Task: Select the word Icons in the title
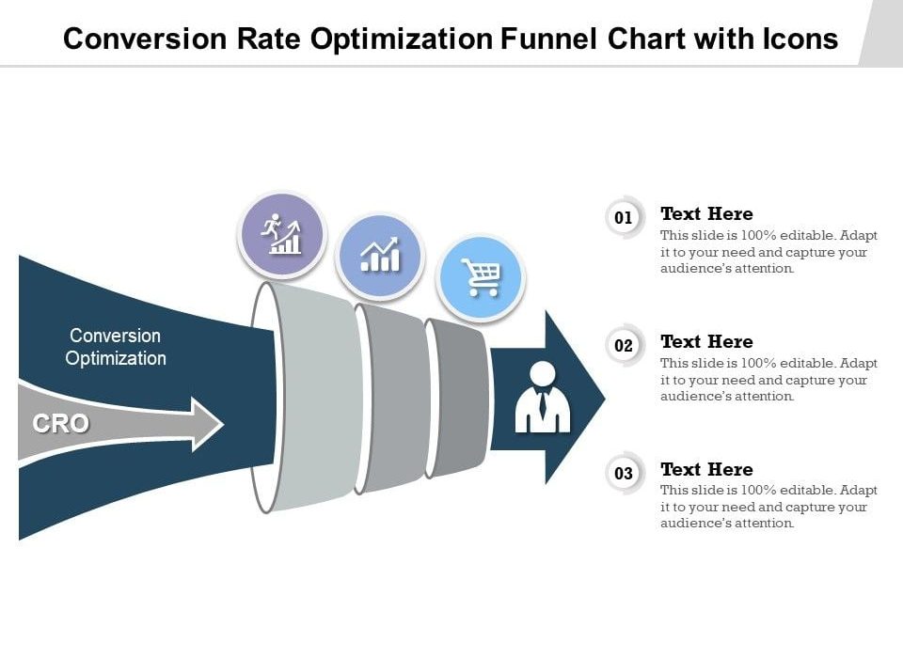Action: click(796, 39)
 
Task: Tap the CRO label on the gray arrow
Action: click(61, 424)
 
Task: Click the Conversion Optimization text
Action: click(116, 347)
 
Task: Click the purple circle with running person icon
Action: click(282, 235)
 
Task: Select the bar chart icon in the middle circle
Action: click(380, 256)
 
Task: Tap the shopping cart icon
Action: click(481, 277)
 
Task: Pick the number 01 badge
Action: click(624, 218)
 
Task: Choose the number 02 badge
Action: click(624, 346)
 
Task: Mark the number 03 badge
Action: click(624, 474)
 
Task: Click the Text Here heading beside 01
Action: click(706, 213)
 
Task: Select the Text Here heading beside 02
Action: click(706, 341)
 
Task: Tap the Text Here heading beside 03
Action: click(706, 469)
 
